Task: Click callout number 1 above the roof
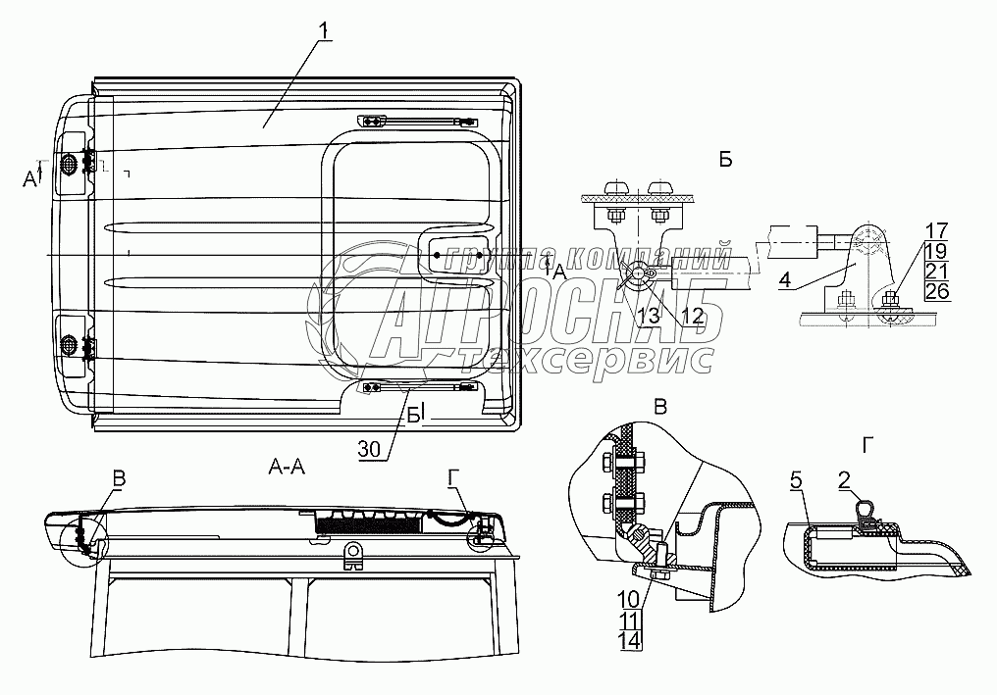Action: coord(325,29)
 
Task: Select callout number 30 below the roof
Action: coord(369,449)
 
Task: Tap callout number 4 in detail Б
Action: coord(785,279)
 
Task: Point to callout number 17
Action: coord(936,230)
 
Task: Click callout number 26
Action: coord(937,291)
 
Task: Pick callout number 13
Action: coord(650,315)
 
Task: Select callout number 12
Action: coord(692,315)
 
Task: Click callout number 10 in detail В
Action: coord(628,598)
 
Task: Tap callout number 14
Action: coord(628,640)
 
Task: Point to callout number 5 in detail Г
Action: coord(796,481)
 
